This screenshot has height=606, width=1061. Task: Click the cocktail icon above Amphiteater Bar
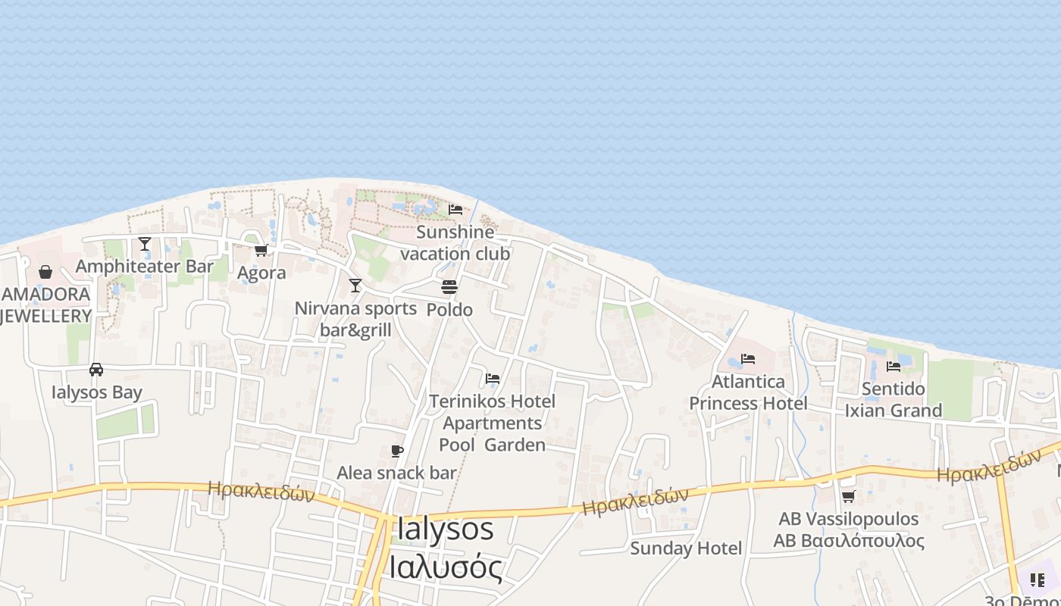[145, 244]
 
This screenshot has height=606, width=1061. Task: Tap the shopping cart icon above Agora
[261, 250]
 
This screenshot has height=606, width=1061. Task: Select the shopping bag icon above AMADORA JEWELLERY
[45, 272]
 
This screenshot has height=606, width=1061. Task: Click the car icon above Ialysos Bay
[96, 370]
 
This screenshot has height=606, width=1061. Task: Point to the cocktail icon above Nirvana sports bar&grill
[355, 286]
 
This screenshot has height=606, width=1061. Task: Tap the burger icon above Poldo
[449, 287]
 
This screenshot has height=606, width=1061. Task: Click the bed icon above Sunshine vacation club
[455, 210]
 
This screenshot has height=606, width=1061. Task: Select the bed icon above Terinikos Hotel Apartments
[493, 378]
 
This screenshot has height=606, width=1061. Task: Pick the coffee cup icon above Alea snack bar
[396, 451]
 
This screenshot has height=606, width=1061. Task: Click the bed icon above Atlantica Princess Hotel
[748, 358]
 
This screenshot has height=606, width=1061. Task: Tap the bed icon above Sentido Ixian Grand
[894, 367]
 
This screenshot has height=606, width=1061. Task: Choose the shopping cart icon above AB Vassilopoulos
[849, 497]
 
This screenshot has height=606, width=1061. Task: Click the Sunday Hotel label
[686, 548]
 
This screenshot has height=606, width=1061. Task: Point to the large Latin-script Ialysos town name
[444, 529]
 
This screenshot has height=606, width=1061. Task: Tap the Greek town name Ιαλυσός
[446, 567]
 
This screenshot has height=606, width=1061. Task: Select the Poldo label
[449, 310]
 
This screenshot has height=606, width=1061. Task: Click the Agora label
[261, 273]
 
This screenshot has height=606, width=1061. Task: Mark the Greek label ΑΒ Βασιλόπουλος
[849, 541]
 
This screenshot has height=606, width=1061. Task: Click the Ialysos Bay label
[97, 392]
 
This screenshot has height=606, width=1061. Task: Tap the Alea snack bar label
[396, 473]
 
